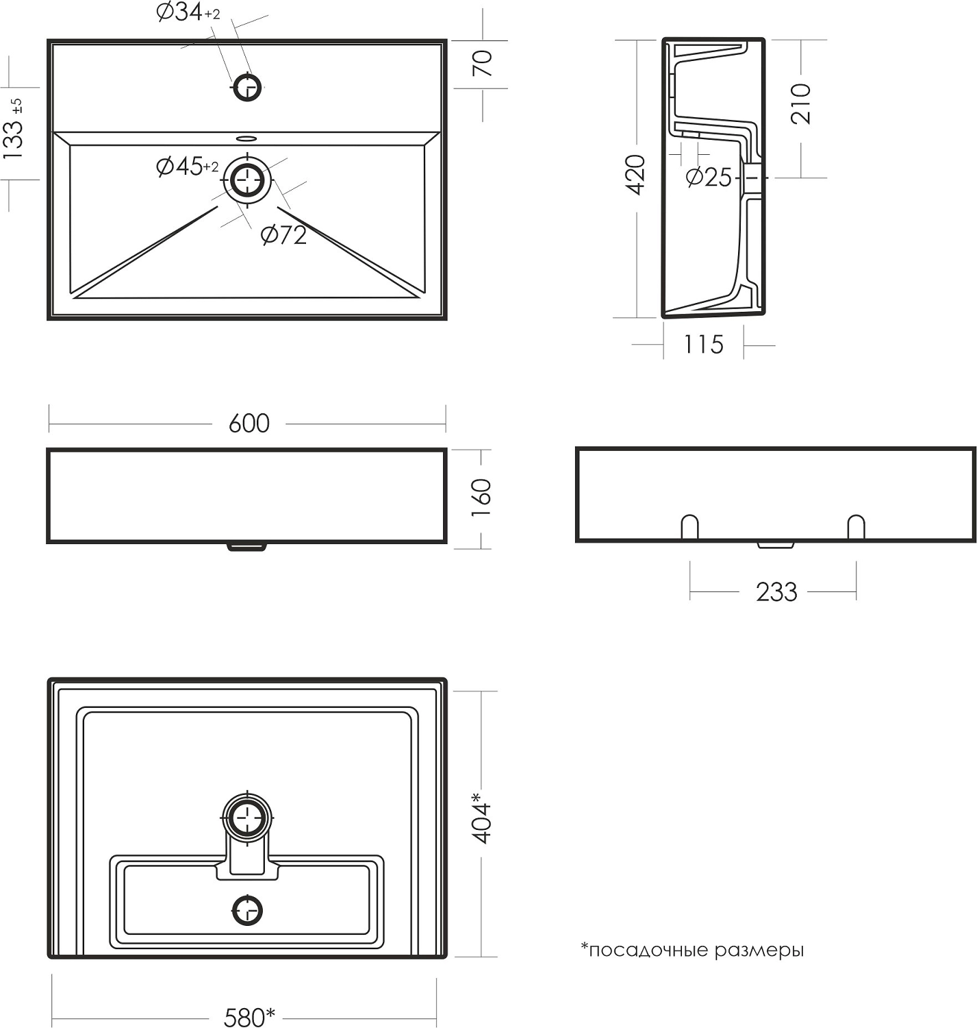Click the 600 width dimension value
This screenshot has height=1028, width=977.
[249, 423]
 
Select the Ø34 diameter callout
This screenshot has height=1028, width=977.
[188, 12]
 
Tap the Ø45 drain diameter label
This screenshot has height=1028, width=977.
[187, 167]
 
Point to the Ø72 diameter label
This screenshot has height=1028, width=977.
[283, 235]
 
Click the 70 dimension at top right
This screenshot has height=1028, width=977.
[482, 63]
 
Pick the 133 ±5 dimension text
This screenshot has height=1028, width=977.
[13, 129]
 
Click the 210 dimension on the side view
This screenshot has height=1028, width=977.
[800, 103]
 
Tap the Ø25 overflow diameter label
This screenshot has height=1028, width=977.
[709, 178]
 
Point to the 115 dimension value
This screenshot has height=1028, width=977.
[703, 345]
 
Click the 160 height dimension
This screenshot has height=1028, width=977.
[481, 498]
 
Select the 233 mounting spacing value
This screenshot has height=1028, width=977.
[776, 592]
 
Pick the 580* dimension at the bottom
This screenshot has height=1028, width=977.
[249, 1017]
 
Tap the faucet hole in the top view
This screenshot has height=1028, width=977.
[247, 87]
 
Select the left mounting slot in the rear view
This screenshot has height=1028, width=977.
[689, 526]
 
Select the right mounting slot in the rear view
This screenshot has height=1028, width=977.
[856, 526]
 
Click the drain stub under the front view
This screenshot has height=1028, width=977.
[246, 547]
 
